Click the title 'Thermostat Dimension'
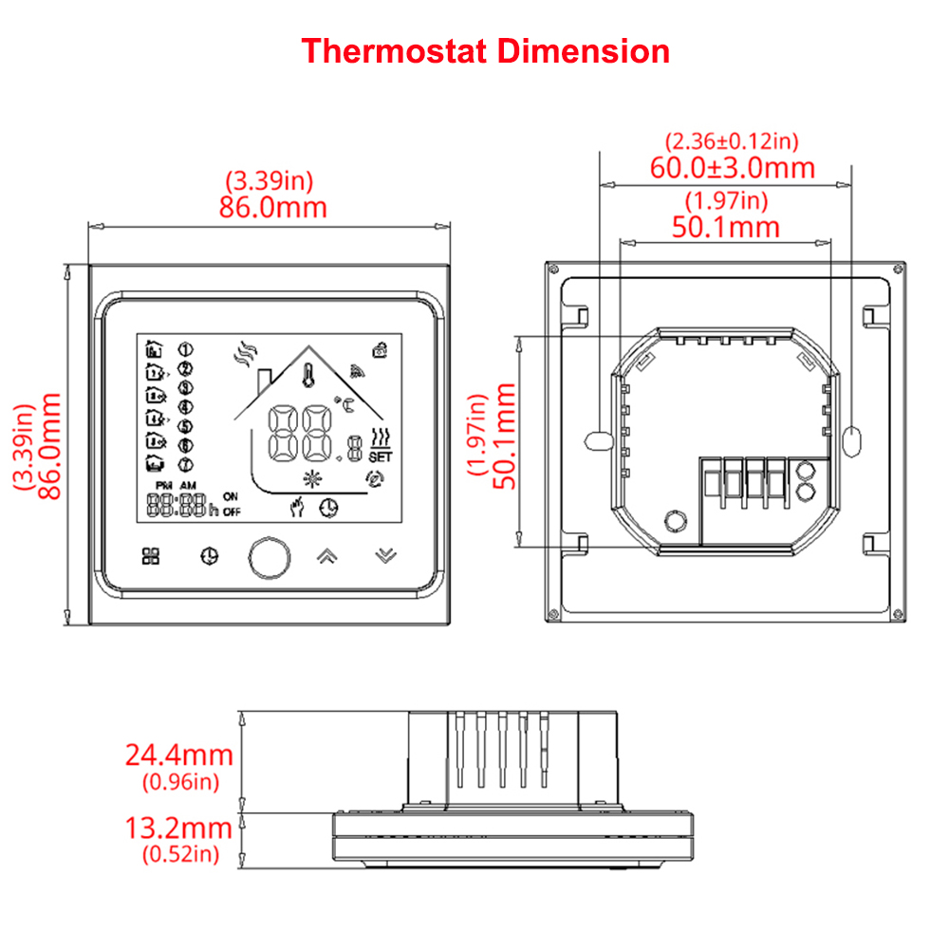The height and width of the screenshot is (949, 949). click(485, 51)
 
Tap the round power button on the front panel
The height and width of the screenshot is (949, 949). click(270, 557)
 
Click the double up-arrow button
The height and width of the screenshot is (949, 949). click(326, 555)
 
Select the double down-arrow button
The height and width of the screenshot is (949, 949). click(385, 555)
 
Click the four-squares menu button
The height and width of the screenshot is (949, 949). click(151, 556)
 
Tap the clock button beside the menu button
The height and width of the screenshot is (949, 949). click(210, 556)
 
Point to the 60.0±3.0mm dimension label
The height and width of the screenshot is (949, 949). click(733, 168)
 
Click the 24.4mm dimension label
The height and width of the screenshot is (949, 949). click(179, 754)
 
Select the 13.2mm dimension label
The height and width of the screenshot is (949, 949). click(178, 828)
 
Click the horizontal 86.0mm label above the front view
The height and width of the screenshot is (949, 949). click(273, 207)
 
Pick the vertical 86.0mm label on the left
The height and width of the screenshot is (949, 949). click(49, 446)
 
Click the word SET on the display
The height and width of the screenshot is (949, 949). click(381, 457)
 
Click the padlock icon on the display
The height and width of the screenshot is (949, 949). click(380, 350)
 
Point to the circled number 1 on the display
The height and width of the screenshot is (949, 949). click(185, 349)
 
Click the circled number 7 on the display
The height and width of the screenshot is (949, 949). click(185, 465)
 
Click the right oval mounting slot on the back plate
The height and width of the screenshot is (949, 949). click(851, 442)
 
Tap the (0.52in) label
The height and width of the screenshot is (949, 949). click(181, 854)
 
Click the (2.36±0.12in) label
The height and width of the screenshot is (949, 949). click(732, 141)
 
